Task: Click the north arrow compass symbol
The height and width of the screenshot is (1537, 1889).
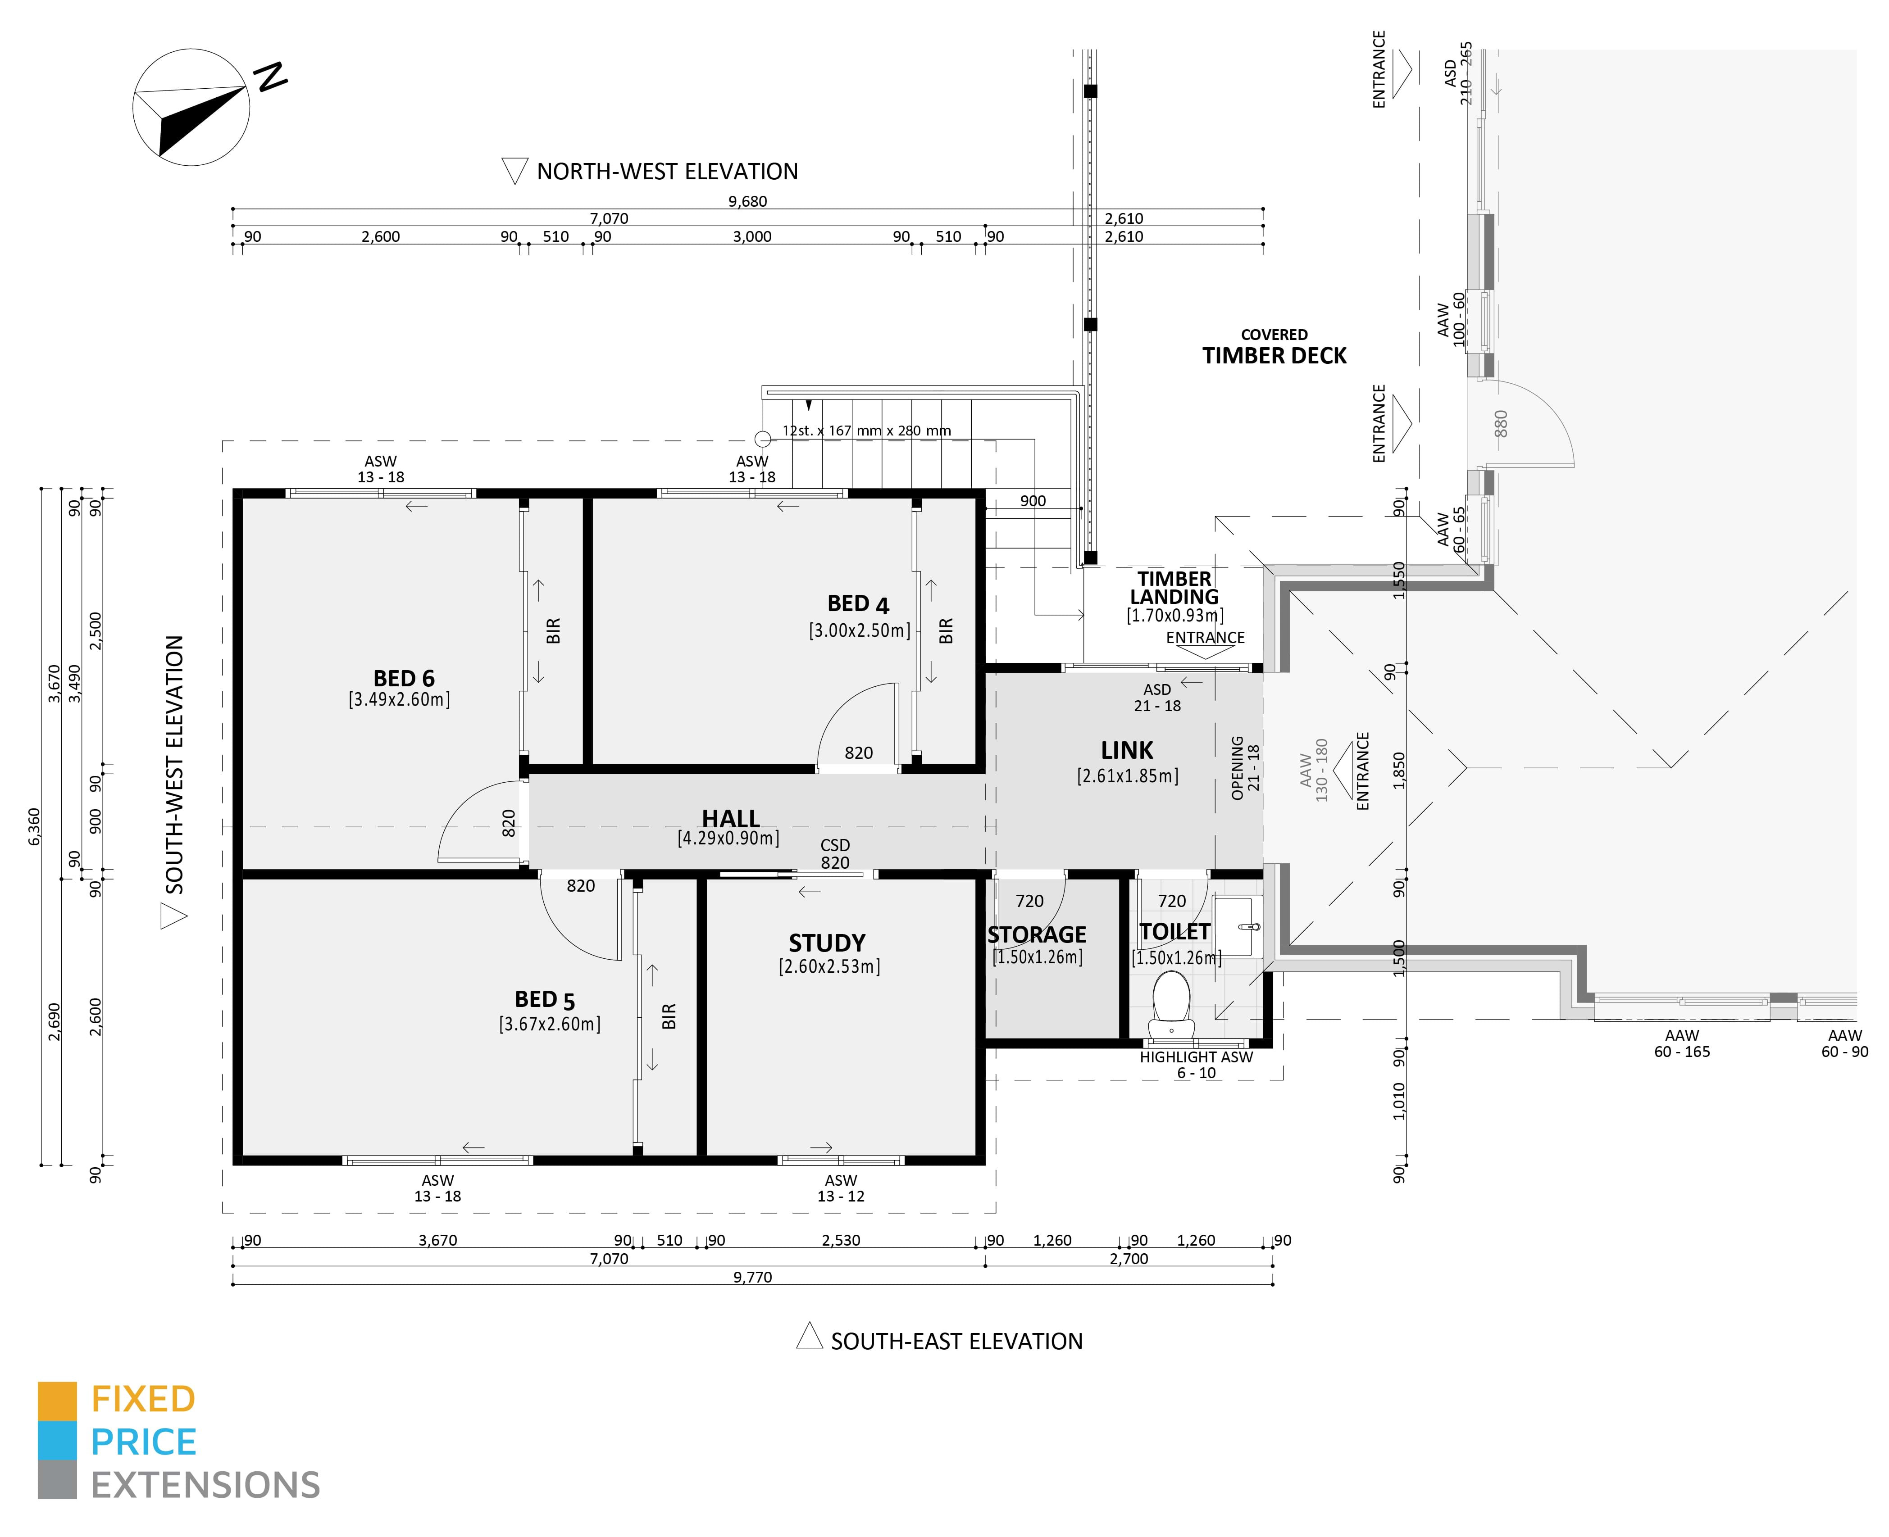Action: click(x=191, y=107)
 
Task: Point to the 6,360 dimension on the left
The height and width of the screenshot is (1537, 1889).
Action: click(x=34, y=826)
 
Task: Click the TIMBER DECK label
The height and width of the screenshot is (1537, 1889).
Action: click(x=1274, y=356)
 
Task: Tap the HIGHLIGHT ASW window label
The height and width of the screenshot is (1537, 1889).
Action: click(x=1196, y=1057)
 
